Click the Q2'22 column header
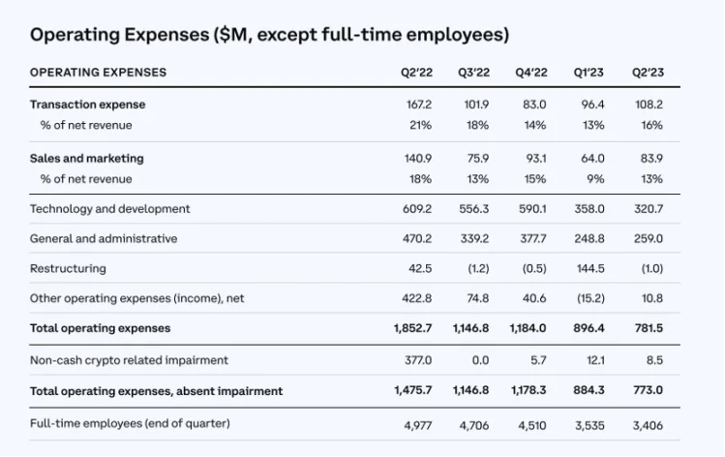click(417, 73)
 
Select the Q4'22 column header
click(530, 73)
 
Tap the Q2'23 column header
click(648, 73)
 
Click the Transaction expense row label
click(88, 104)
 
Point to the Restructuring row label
click(68, 268)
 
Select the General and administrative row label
click(104, 238)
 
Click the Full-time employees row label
click(130, 423)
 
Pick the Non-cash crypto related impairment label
click(129, 360)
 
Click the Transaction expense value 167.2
click(418, 104)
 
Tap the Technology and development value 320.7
click(648, 208)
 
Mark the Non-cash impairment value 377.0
click(418, 360)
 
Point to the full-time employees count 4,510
click(530, 423)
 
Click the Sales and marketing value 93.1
click(534, 158)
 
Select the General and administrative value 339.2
click(474, 238)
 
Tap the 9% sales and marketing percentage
click(594, 179)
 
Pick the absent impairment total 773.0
click(648, 391)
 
